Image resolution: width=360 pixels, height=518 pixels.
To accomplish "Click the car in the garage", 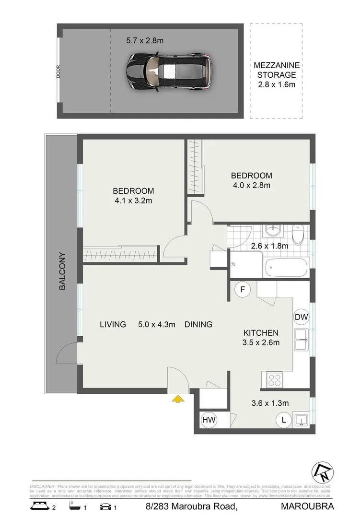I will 168,71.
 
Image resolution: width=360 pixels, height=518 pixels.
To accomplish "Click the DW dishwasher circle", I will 301,317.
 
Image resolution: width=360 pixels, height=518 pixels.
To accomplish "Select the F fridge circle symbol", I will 243,289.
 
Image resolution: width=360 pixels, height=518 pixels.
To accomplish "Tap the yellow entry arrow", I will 178,398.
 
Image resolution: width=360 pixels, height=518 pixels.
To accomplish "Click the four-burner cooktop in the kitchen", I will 275,380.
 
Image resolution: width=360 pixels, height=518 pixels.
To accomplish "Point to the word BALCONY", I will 62,271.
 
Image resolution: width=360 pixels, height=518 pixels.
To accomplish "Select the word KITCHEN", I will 261,332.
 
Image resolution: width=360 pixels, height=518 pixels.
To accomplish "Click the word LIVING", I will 113,325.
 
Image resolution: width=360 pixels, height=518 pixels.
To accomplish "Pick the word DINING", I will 198,325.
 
